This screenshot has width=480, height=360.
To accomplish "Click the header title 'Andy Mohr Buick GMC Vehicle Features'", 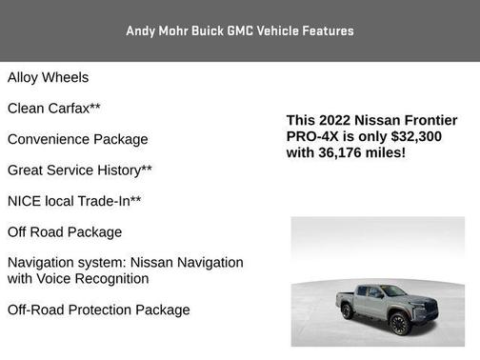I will click(x=240, y=31).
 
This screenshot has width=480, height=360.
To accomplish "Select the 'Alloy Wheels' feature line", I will click(x=48, y=77).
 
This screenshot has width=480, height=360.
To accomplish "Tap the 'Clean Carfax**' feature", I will click(x=53, y=109).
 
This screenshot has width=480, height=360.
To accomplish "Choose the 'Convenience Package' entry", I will click(x=77, y=139).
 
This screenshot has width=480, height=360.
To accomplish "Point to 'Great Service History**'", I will click(x=80, y=170).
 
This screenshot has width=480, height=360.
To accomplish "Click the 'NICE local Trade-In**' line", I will click(x=74, y=201).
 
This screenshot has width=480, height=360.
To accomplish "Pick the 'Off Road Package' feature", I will click(x=65, y=231).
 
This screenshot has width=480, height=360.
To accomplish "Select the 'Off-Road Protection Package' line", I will click(x=98, y=310).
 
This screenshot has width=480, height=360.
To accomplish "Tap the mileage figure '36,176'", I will click(x=347, y=151).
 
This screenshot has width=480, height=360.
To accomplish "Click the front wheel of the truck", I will click(x=399, y=324).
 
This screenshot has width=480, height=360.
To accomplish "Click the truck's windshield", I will click(x=393, y=291).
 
